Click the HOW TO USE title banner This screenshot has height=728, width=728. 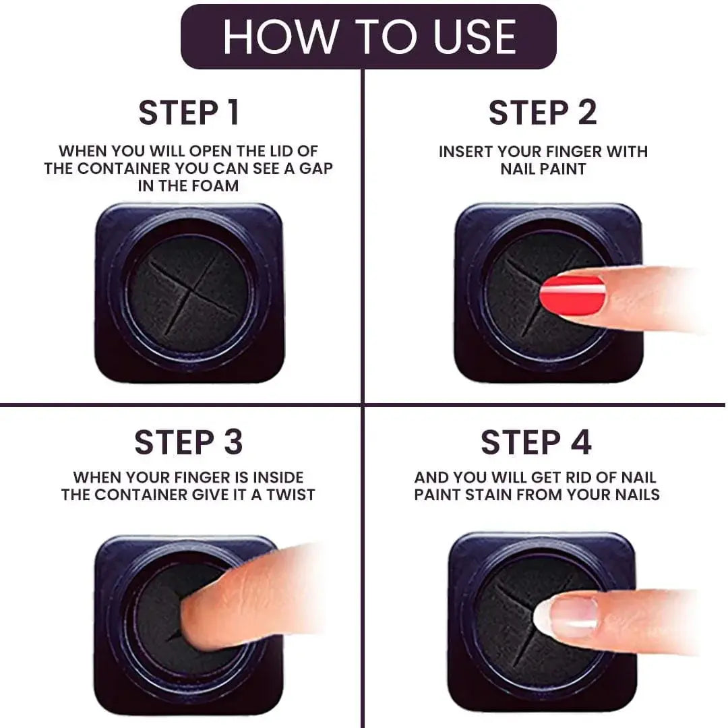pos(369,36)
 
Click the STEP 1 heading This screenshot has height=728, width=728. pos(189,113)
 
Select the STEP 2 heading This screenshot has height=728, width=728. pos(543,113)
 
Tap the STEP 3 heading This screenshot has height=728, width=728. pos(188,442)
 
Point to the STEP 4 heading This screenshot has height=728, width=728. pos(536,442)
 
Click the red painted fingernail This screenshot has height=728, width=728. pos(572,295)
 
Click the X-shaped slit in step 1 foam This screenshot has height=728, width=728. pos(191,294)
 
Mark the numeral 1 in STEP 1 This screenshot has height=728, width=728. pos(232,113)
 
